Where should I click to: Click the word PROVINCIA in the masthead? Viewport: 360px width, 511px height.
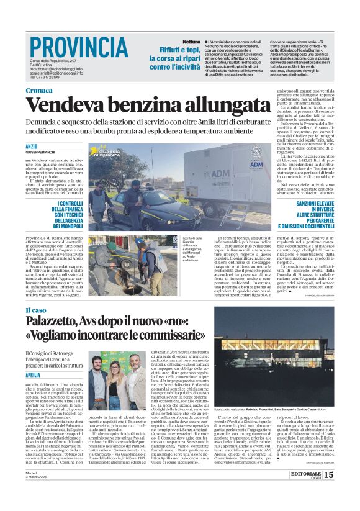78,47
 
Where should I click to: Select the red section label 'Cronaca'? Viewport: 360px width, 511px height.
39,91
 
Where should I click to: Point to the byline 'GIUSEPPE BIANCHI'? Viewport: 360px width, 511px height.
40,152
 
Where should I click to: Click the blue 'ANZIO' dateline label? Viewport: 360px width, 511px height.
32,146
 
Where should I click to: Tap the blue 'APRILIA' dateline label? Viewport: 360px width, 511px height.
34,376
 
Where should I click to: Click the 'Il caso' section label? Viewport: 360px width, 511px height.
36,310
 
